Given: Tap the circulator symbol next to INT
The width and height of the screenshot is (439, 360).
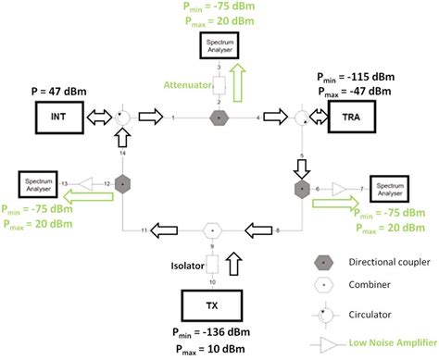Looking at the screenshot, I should (x=121, y=118).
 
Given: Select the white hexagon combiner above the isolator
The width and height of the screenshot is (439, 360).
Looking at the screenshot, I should (x=212, y=230).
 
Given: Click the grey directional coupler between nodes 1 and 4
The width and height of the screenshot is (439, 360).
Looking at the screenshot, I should (x=219, y=118).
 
